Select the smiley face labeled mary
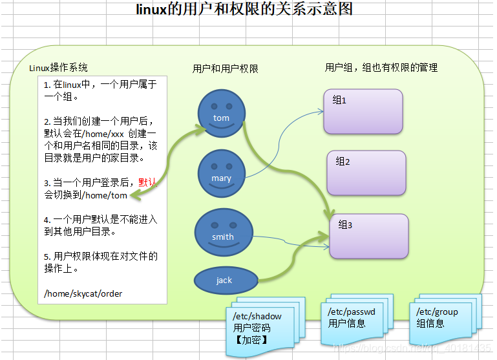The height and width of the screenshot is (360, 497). [221, 174]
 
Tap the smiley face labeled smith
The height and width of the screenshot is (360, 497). [222, 233]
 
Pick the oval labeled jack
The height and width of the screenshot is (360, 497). [224, 280]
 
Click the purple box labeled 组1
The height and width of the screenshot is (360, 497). [363, 111]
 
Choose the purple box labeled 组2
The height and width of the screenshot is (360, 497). [366, 173]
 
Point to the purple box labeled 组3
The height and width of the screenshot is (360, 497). [369, 236]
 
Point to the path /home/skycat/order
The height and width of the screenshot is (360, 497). [83, 293]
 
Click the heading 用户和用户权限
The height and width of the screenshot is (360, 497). [226, 69]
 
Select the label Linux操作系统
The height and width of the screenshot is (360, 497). [59, 68]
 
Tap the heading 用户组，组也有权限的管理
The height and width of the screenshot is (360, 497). [381, 67]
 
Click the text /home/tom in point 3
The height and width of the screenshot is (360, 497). [105, 196]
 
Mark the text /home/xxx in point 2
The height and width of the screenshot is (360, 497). [105, 133]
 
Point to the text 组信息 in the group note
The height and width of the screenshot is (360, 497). [430, 323]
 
